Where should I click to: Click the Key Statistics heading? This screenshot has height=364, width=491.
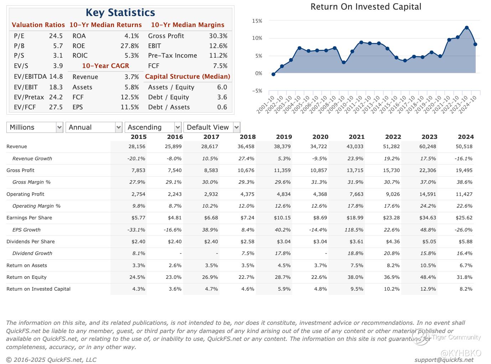tap(120, 13)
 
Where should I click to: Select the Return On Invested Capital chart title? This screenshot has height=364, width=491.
tap(366, 7)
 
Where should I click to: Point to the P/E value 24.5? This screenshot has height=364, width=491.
tap(56, 36)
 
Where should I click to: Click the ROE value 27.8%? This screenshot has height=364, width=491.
tap(130, 46)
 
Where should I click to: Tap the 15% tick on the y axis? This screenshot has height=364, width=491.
tap(257, 21)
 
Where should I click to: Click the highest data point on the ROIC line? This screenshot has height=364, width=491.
tap(467, 28)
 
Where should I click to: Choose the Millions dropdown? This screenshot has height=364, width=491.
tap(35, 128)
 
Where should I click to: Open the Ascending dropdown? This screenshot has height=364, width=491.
tap(153, 128)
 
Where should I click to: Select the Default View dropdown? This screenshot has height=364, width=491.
tap(212, 128)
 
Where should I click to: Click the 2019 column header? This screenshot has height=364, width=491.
tap(284, 137)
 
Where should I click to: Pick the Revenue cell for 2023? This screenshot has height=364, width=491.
tap(427, 146)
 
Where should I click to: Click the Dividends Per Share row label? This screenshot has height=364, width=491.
tap(31, 241)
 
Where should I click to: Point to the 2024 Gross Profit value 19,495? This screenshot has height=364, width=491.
tap(464, 170)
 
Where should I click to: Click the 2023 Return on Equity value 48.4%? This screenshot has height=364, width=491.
tap(428, 277)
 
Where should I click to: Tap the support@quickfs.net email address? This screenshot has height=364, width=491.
tap(444, 360)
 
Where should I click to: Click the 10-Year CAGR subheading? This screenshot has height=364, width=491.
tap(105, 66)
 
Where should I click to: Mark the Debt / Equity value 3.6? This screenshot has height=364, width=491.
tap(222, 97)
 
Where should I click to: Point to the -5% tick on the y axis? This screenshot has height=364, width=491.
tap(257, 91)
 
